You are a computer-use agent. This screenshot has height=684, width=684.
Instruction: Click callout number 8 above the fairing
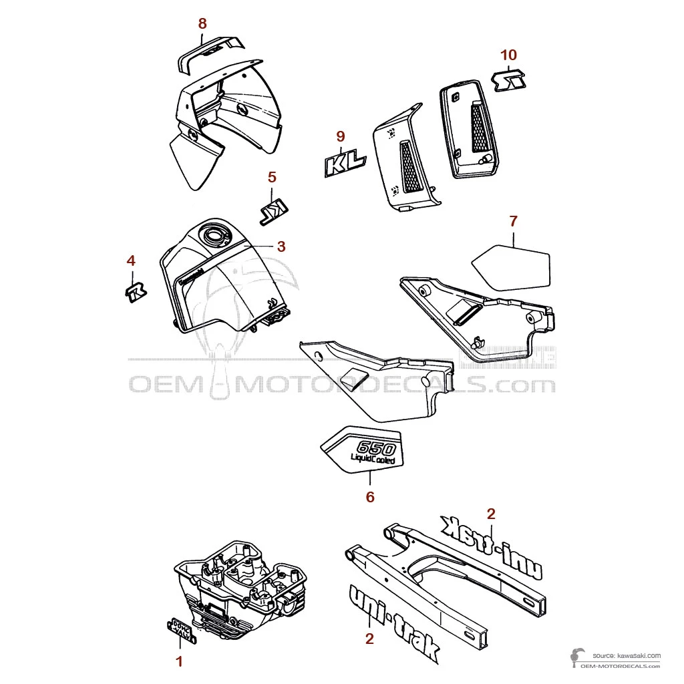point(202,23)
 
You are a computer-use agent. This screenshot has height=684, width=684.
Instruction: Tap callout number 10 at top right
point(509,55)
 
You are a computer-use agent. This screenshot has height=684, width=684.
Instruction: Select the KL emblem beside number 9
point(345,164)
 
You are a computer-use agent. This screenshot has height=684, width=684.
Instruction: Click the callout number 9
point(340,136)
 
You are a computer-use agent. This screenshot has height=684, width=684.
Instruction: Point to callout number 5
point(272,177)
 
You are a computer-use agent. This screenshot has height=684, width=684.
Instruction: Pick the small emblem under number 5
point(273,210)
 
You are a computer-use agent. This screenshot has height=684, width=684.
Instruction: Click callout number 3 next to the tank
point(281,246)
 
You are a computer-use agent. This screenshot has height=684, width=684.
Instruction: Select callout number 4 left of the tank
point(131,260)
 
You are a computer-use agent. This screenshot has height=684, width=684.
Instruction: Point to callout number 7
point(513,220)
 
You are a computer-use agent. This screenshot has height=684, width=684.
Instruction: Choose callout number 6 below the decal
point(370,496)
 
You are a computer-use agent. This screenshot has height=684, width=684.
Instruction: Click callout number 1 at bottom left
point(178,661)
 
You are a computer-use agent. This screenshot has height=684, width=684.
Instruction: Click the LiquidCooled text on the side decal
point(373,461)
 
